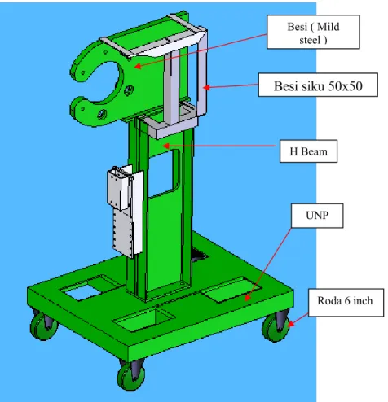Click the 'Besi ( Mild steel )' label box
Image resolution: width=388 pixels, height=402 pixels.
tap(313, 32)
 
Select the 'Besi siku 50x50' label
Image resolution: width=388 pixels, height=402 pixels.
tap(318, 85)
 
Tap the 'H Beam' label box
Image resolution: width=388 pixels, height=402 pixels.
tap(308, 151)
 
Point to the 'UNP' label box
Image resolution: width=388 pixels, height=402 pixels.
tap(317, 216)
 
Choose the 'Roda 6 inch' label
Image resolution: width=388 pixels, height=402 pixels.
tap(346, 302)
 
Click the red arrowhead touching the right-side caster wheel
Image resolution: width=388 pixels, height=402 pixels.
tap(291, 324)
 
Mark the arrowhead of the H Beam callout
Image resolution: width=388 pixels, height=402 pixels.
tap(166, 146)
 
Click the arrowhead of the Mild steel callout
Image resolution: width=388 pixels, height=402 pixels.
tap(138, 66)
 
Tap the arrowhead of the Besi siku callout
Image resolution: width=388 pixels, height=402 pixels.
tap(206, 87)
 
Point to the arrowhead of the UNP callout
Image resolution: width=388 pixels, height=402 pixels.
tap(247, 298)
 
